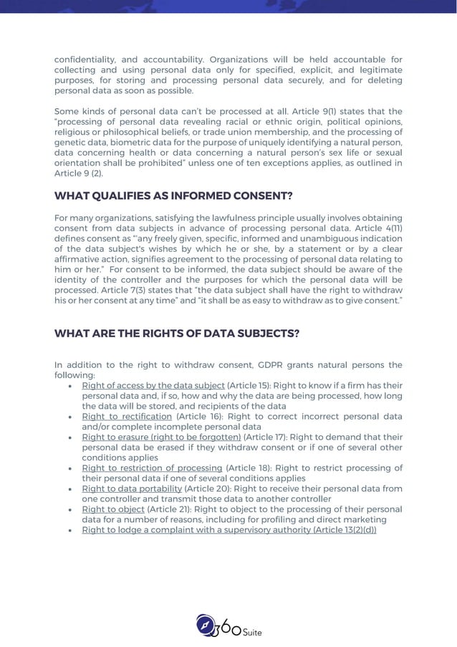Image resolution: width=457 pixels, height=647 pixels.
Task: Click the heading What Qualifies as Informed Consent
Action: [x=174, y=196]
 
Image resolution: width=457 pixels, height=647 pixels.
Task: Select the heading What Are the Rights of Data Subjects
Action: [x=177, y=334]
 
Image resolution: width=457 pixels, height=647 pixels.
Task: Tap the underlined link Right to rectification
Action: [x=127, y=416]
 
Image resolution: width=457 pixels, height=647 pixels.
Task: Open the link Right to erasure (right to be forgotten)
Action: [x=161, y=436]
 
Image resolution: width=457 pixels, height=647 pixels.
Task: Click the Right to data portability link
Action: [x=132, y=488]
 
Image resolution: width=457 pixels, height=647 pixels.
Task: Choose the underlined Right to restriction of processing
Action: [x=152, y=468]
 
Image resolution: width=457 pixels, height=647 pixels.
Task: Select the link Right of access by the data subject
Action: [x=153, y=385]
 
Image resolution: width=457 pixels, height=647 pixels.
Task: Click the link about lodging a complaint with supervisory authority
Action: [x=228, y=530]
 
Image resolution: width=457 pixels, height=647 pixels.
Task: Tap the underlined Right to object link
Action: [x=113, y=509]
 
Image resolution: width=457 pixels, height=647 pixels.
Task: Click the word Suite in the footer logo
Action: [x=251, y=632]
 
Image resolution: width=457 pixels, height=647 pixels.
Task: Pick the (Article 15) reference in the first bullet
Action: [x=246, y=385]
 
